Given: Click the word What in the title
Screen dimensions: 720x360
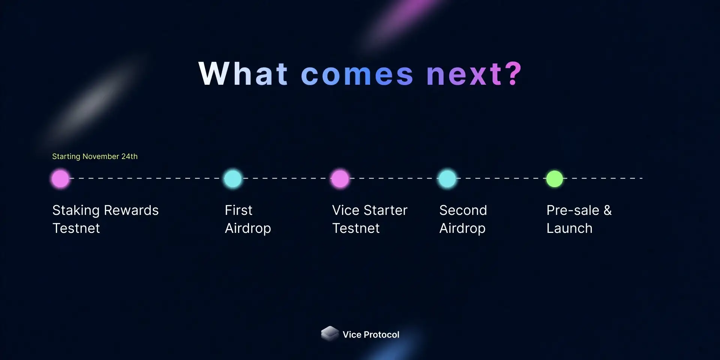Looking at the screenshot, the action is pos(243,73).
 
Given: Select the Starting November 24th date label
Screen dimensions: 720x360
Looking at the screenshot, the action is pos(95,156).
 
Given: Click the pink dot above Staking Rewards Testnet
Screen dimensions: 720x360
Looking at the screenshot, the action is pos(60,178).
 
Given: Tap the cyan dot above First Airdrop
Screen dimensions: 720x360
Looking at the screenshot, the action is pos(232,178).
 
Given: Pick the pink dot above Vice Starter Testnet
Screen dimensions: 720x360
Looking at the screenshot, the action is pos(340,178).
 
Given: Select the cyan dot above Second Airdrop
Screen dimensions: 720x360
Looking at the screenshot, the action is pos(447,178).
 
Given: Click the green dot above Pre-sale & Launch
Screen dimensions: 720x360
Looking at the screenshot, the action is pos(555,178).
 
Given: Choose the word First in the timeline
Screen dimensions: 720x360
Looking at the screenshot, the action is pos(238,210).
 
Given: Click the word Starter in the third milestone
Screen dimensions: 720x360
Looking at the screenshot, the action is pos(385,210).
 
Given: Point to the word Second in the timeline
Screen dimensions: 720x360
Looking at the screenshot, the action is pos(463,210).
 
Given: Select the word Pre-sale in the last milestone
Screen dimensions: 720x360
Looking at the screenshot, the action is pos(573,210).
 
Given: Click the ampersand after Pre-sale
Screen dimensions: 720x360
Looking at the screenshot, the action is pos(608,210).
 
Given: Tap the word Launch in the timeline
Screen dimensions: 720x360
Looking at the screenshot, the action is pos(570,228).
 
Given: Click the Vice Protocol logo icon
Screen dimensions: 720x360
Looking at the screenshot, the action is pos(330,333).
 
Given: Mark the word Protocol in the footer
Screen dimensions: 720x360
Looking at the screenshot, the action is pos(382,334).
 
